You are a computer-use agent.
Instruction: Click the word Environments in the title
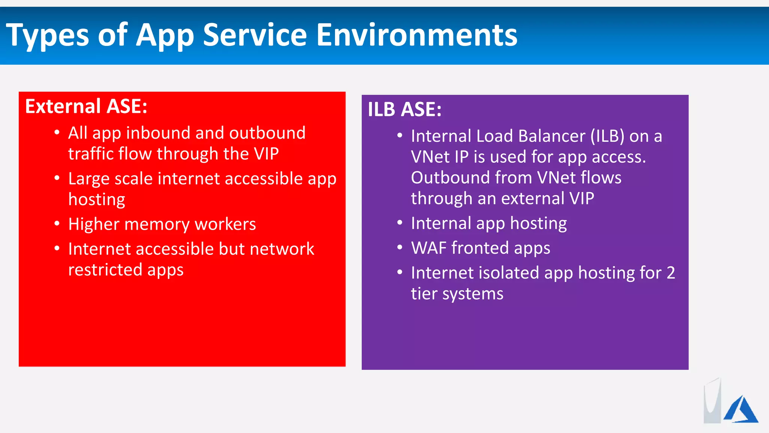click(x=417, y=35)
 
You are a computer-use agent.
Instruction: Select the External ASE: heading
click(x=86, y=106)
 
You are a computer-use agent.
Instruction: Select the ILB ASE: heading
click(x=404, y=109)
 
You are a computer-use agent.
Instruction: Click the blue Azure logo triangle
click(x=741, y=410)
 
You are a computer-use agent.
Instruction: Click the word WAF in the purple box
click(x=428, y=248)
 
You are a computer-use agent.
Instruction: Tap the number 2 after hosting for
click(x=671, y=273)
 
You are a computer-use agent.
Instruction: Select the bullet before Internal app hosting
click(x=400, y=223)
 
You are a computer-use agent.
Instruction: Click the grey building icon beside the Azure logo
click(x=712, y=402)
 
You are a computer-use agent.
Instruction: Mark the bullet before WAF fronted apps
click(x=400, y=248)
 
